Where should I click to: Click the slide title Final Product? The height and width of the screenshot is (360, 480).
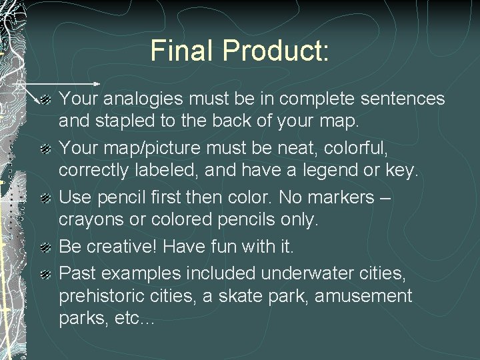point(240,51)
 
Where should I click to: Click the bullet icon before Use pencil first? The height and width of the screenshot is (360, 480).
point(45,198)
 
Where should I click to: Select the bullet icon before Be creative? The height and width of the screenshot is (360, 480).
point(45,247)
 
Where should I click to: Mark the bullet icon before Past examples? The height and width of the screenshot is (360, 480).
point(45,273)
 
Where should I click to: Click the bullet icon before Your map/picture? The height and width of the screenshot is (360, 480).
point(45,149)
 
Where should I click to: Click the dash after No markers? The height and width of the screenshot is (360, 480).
point(384,198)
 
